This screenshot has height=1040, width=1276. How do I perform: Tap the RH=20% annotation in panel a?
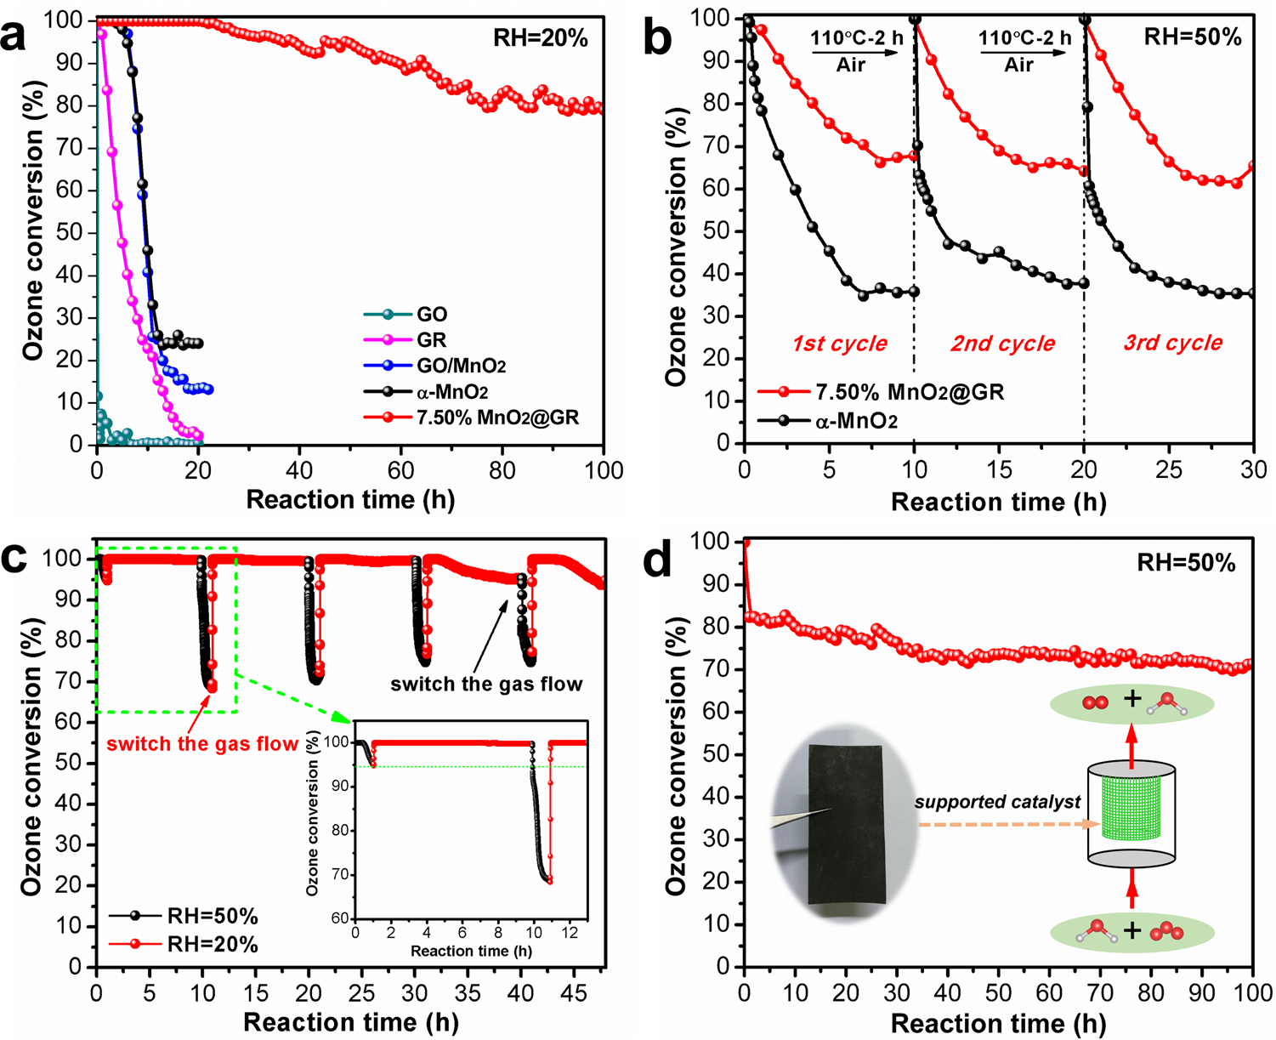tap(541, 38)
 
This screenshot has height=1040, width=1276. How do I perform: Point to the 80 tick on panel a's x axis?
tap(502, 470)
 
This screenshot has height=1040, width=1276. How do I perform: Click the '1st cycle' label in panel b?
tap(839, 344)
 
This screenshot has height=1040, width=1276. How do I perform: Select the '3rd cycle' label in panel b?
tap(1172, 343)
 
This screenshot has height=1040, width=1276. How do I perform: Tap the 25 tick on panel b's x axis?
tap(1169, 469)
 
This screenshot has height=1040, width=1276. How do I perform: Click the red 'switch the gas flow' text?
tap(202, 744)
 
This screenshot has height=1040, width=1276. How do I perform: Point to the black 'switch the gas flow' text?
tap(486, 684)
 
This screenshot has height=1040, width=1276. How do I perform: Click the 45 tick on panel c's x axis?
tap(576, 992)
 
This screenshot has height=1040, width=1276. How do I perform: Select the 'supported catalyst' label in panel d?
tap(997, 801)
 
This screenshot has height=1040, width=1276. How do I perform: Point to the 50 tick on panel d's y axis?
tap(722, 754)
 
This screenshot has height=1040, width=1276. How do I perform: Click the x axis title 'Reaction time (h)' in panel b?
tap(998, 502)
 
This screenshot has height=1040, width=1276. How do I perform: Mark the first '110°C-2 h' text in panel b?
tap(855, 38)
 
